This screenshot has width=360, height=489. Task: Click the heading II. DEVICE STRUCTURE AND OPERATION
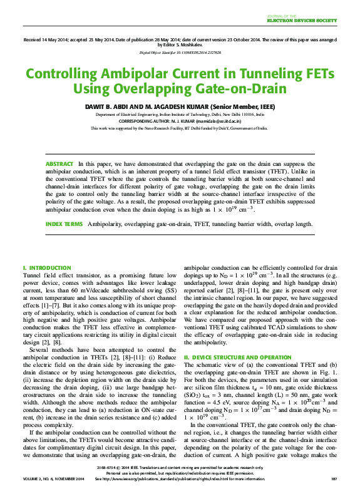coord(239,356)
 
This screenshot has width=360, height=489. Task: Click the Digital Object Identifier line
coord(180,53)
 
